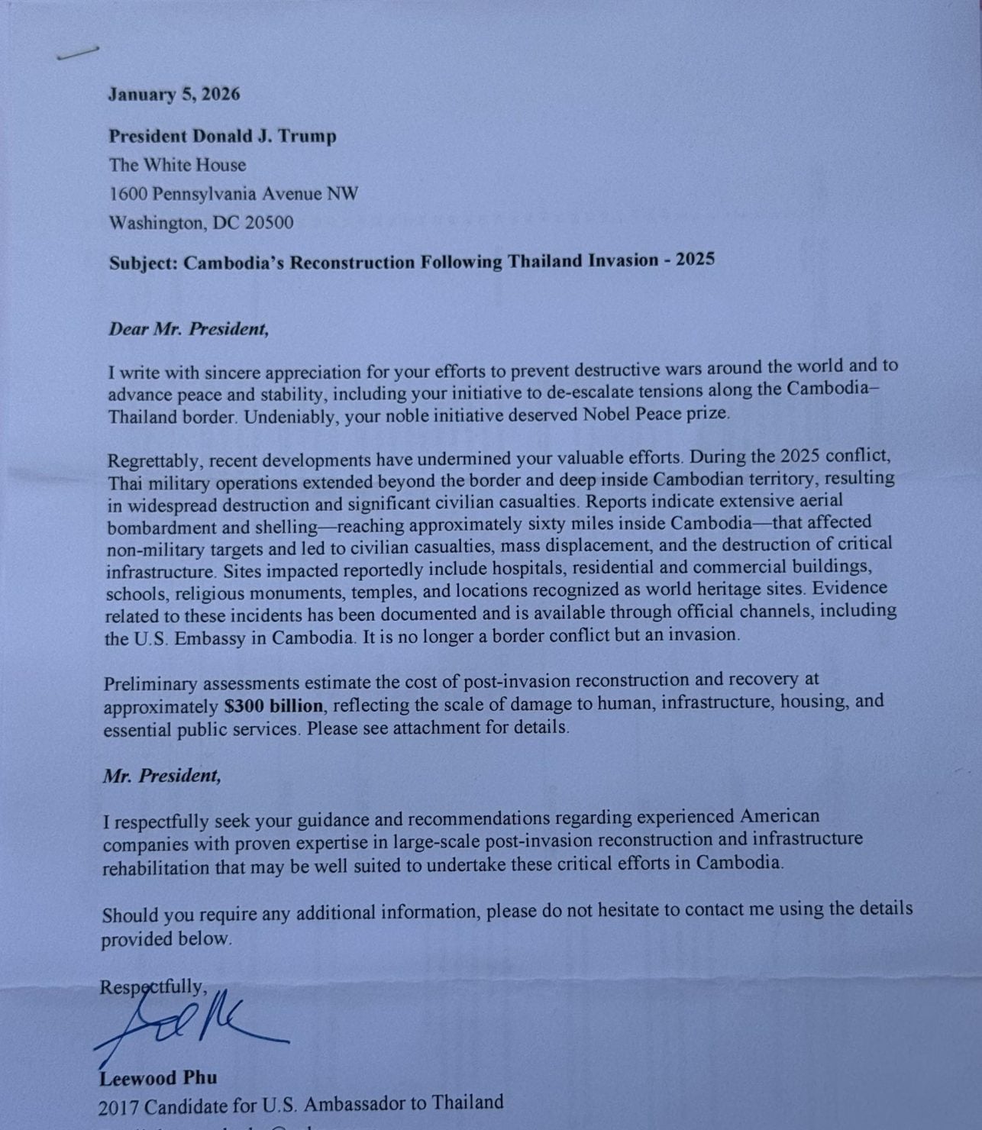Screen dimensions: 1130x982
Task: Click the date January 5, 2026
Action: tap(173, 95)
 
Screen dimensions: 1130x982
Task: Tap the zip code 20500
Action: tap(267, 223)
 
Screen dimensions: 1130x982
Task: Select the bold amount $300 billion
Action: tap(274, 705)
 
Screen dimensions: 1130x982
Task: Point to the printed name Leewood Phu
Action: tap(158, 1078)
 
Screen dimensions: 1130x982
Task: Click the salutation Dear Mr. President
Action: tap(189, 329)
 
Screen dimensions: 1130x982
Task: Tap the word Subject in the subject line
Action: tap(143, 263)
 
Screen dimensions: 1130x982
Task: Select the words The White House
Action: tap(177, 165)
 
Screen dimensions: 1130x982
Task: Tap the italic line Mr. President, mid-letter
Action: tap(162, 776)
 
